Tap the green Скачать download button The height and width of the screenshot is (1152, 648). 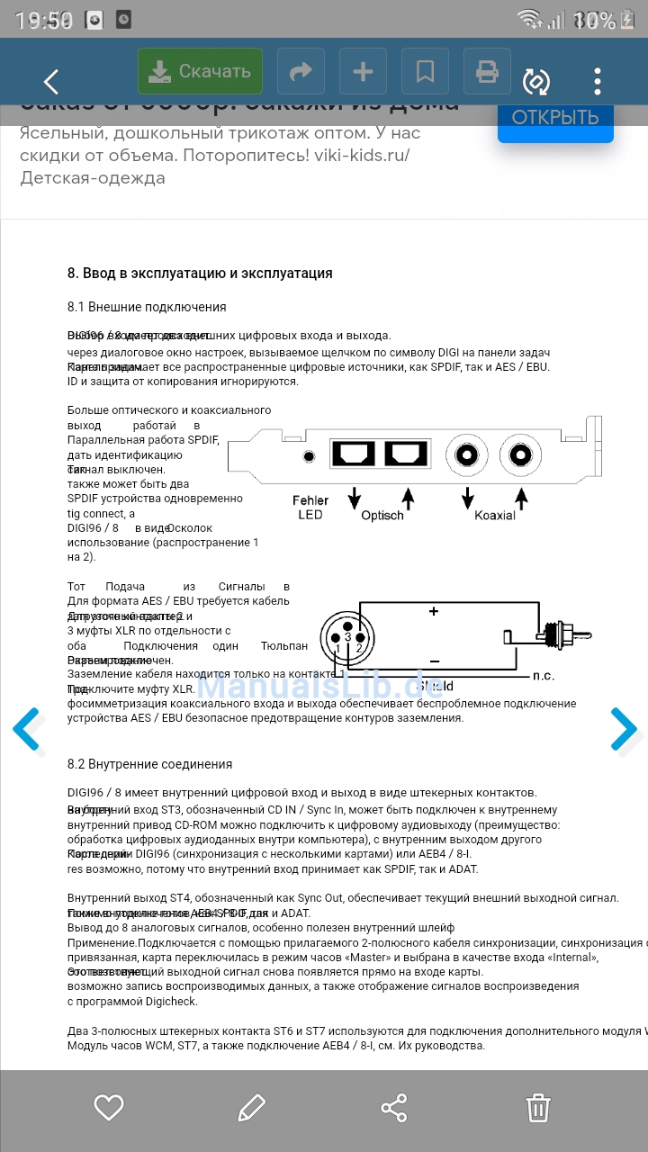200,71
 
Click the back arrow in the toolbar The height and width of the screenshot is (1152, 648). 51,82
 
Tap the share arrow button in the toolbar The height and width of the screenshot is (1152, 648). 301,71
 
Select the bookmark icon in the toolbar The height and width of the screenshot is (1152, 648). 425,71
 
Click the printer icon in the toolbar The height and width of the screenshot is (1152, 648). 487,71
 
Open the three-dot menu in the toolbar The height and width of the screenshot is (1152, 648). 598,81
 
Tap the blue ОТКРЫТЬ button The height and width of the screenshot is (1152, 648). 555,118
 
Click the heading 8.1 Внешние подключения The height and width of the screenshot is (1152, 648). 147,307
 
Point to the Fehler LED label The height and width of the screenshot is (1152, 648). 310,508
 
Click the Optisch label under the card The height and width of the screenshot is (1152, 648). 382,516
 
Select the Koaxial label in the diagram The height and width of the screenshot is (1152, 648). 495,516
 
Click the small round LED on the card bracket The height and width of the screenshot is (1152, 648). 310,456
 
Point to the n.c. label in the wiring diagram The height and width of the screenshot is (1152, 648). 543,675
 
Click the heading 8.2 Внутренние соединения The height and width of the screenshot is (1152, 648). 149,764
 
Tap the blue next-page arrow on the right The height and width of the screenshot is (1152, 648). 623,730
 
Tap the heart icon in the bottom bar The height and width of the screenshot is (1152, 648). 109,1108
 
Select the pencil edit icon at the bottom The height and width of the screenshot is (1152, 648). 252,1108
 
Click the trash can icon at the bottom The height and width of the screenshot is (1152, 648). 538,1108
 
